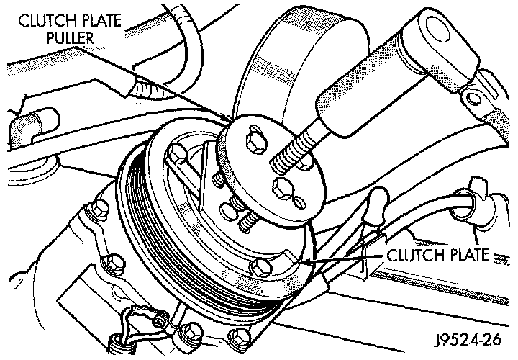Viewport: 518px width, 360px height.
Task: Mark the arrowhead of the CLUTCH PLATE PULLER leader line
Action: coord(230,118)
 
